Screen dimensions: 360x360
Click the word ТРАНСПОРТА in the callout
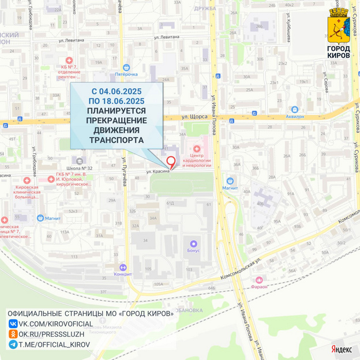[117, 140]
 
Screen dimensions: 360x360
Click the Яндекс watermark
[341, 349]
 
